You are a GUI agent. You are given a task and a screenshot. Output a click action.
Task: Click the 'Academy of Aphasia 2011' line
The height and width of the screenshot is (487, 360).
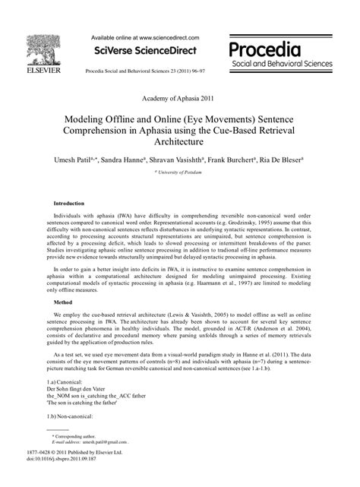pos(179,100)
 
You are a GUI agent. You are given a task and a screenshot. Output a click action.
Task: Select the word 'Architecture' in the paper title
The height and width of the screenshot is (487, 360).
pos(180,141)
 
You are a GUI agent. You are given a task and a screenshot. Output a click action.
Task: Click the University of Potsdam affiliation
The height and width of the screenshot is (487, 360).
pos(180,174)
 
